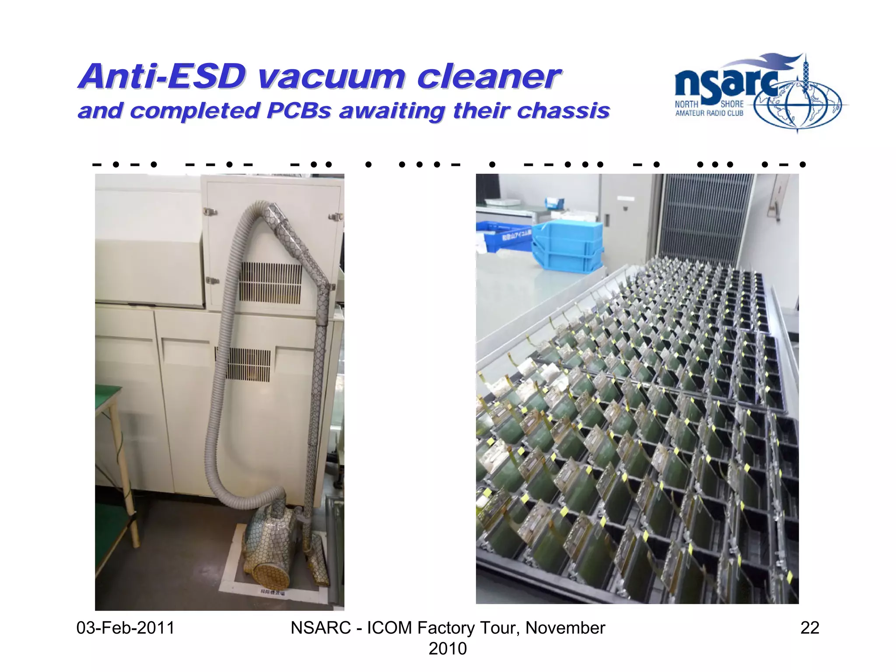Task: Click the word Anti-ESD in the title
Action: pyautogui.click(x=162, y=77)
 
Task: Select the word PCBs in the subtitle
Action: pyautogui.click(x=299, y=111)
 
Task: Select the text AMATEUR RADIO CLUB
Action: pyautogui.click(x=709, y=113)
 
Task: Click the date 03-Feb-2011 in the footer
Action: pyautogui.click(x=126, y=628)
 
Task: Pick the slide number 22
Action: pyautogui.click(x=809, y=628)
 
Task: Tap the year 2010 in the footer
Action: pyautogui.click(x=448, y=648)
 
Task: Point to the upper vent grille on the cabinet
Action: pyautogui.click(x=270, y=282)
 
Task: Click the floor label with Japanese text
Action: pyautogui.click(x=272, y=592)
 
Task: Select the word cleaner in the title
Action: pyautogui.click(x=488, y=78)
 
